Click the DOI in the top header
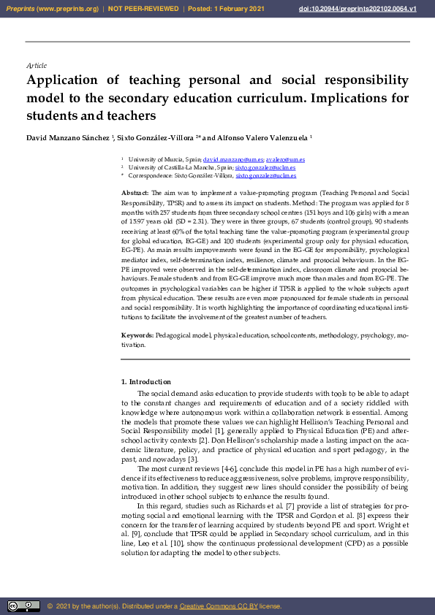point(368,8)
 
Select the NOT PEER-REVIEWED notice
point(144,8)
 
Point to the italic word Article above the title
point(36,66)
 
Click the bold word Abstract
point(135,191)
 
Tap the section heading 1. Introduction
point(145,382)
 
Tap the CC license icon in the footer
point(23,606)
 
